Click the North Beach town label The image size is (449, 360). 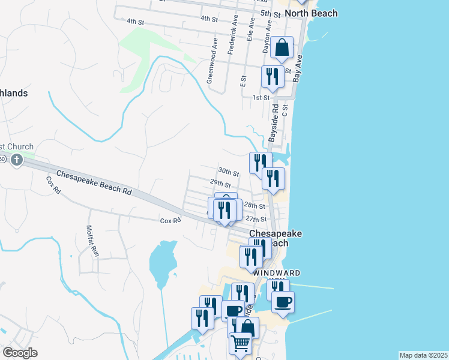pos(311,13)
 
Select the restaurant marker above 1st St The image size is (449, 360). pos(273,77)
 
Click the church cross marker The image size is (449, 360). pos(16,160)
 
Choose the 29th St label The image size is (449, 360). pos(220,182)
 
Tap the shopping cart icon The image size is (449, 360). pos(240,343)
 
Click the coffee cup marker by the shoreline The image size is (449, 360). pos(283,302)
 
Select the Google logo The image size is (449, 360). pos(20,353)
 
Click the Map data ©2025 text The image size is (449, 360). pos(423,355)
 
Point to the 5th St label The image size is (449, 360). pos(270,13)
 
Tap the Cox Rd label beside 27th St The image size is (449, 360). pos(170,221)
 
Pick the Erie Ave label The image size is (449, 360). pos(251,29)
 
